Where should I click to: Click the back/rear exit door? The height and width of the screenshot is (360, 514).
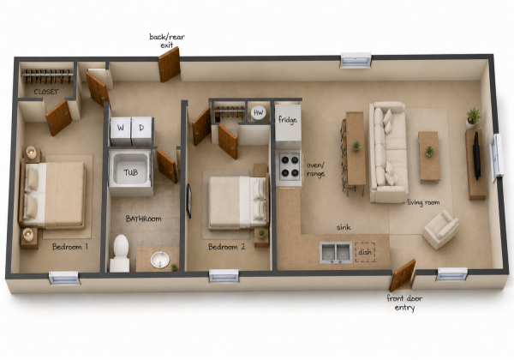coord(169,64)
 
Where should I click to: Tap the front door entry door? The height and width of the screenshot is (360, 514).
coord(403,275)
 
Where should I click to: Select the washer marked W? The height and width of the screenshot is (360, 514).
coord(121,131)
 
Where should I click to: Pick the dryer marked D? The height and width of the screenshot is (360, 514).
coord(141,131)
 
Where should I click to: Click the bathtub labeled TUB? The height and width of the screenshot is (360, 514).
coord(131,173)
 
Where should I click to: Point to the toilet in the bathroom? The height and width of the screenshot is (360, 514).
coord(120,253)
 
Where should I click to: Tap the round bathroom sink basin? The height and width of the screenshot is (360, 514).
coord(160,260)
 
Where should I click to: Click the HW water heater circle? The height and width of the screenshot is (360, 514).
coord(259,113)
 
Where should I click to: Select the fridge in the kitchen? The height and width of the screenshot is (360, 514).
coord(288,123)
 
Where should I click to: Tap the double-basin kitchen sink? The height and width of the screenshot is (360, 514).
coord(336,253)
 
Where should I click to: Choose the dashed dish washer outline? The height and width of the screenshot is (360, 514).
coord(365,252)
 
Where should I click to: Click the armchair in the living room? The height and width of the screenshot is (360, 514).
coord(440,229)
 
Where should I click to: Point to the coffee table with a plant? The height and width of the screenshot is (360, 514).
coord(429,156)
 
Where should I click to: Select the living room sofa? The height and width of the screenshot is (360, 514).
coord(388,152)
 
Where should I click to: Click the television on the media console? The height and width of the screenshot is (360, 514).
coord(476,157)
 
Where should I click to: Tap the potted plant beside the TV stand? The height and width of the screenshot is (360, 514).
coord(473,117)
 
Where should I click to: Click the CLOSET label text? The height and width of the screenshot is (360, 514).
coord(46,92)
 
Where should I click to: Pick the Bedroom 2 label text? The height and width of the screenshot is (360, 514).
coord(226,247)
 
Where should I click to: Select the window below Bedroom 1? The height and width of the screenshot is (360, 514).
coord(64,278)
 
